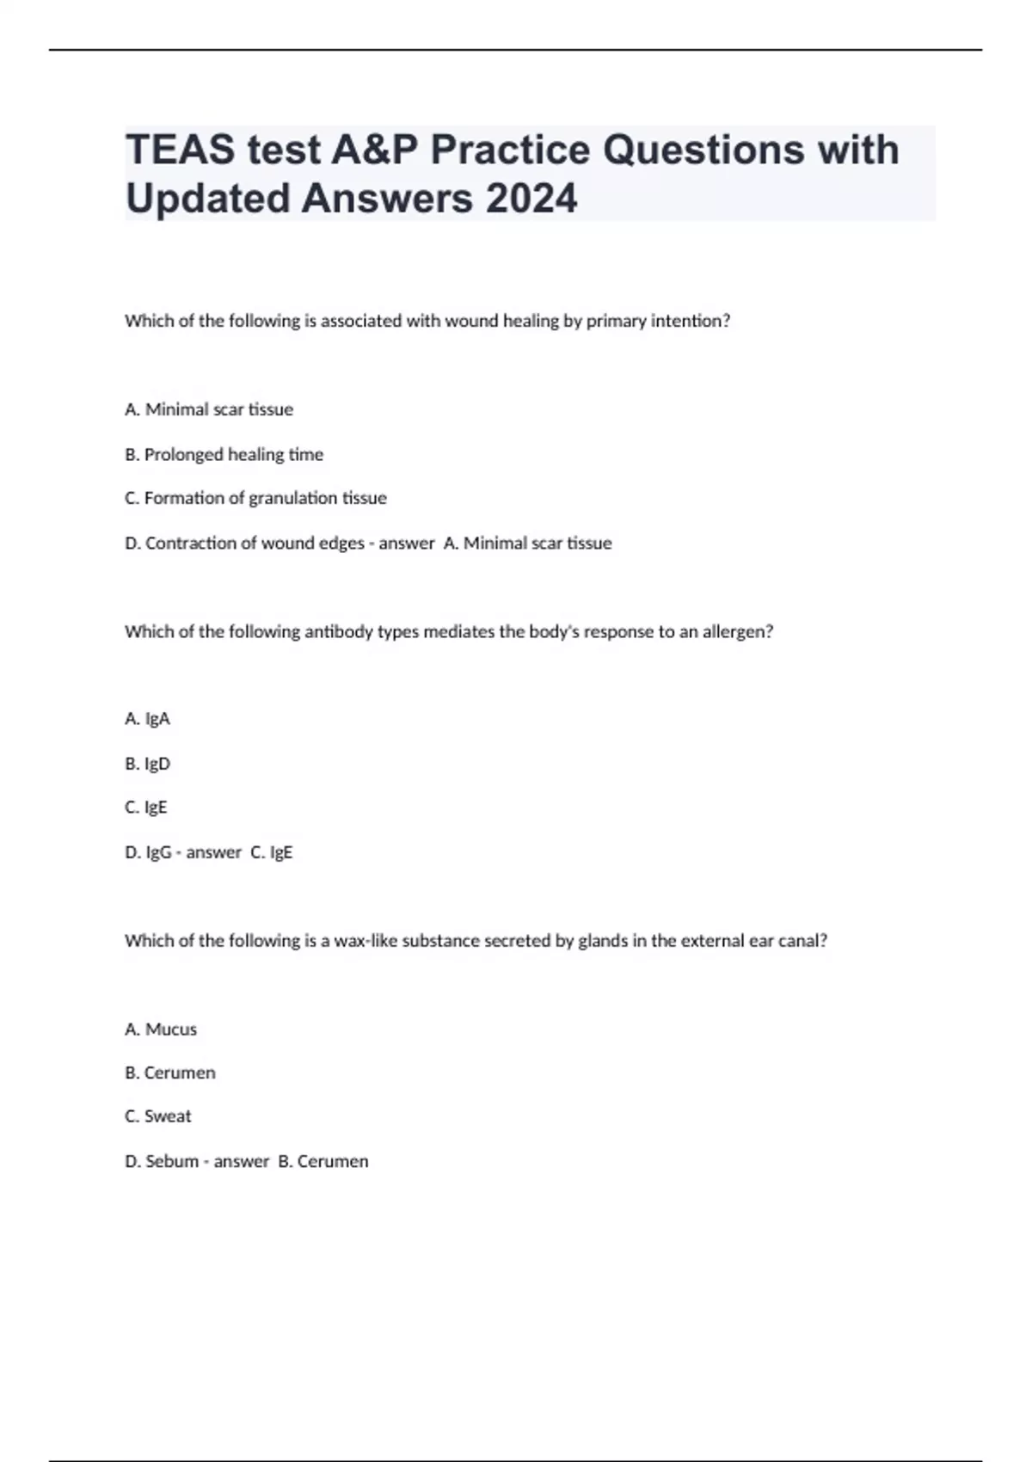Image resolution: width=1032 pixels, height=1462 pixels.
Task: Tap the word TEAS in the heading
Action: pos(180,150)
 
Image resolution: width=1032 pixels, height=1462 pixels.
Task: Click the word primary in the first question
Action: pos(616,321)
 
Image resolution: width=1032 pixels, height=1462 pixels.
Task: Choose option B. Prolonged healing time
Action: pos(224,454)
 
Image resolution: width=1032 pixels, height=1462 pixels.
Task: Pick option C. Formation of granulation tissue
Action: pos(255,498)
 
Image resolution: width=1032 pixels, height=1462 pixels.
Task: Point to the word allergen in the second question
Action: pos(737,631)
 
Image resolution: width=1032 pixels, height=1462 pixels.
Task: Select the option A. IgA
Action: pos(147,719)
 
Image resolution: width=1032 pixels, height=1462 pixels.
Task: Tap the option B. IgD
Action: pos(147,764)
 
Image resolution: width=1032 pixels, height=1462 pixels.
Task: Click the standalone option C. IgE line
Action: pos(145,808)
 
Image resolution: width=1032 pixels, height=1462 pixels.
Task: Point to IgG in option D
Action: pos(158,852)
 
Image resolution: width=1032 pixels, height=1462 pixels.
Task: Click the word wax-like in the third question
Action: pos(365,941)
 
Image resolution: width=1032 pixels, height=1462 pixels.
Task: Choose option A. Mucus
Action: pos(161,1029)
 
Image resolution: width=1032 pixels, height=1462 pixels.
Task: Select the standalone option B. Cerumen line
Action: pos(169,1073)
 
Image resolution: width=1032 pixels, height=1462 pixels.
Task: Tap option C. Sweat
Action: pos(158,1116)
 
